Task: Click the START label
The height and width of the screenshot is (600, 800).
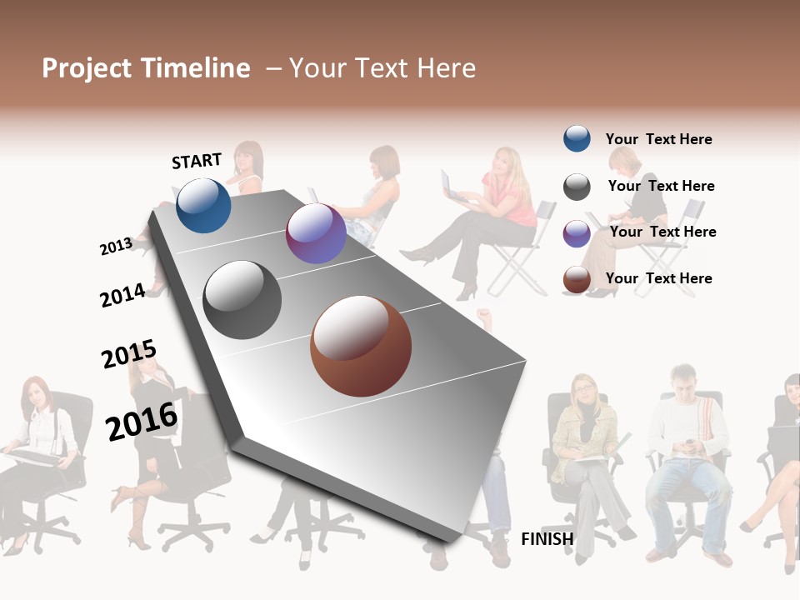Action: [197, 161]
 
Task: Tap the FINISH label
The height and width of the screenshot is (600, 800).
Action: [547, 539]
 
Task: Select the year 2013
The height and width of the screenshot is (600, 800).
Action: [116, 246]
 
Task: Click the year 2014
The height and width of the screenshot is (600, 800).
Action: [122, 295]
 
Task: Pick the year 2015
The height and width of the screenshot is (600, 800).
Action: [129, 354]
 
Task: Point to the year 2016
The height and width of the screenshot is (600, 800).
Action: [142, 421]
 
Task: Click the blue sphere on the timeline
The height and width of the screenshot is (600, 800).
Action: [203, 205]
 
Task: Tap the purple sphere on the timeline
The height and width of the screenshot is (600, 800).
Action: [316, 233]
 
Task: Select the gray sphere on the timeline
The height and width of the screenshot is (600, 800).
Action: [242, 300]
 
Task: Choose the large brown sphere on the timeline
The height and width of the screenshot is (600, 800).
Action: [361, 346]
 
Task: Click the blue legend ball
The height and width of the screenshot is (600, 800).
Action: [577, 138]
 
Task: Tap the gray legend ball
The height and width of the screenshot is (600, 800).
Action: [577, 187]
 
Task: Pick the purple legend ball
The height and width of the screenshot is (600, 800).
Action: [577, 233]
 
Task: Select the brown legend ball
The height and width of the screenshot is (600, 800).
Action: [577, 280]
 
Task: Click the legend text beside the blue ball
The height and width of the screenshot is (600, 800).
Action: [658, 139]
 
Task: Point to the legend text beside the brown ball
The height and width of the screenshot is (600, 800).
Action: [658, 278]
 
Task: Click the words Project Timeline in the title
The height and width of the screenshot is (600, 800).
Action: [146, 68]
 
